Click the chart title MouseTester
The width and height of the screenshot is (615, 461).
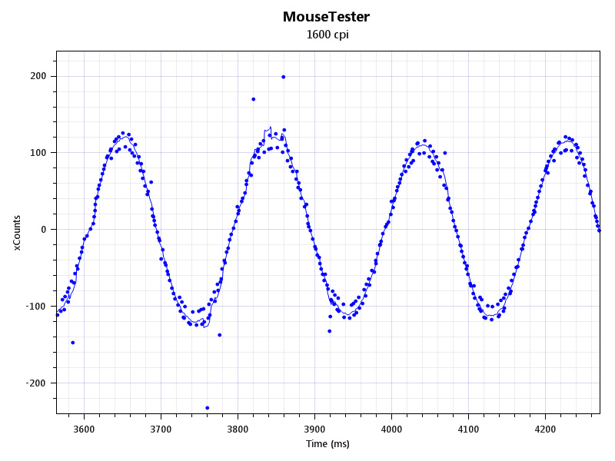point(326,16)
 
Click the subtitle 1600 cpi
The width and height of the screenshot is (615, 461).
point(327,35)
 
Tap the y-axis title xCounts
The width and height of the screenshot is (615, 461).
point(16,234)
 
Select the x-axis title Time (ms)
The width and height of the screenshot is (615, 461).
point(327,444)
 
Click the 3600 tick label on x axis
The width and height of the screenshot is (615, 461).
point(84,429)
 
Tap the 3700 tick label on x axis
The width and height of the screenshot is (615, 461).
point(161,429)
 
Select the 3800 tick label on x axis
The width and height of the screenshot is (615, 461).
point(238,429)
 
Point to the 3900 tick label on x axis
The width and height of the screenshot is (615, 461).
point(314,429)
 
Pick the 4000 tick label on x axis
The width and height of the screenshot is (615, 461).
point(391,429)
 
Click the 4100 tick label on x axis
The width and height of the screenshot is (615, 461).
point(468,429)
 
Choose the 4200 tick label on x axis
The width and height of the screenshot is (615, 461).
point(545,429)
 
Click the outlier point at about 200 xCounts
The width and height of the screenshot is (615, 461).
point(284,77)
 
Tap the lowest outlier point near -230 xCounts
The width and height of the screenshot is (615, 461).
point(208,408)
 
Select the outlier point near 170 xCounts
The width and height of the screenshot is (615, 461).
point(254,99)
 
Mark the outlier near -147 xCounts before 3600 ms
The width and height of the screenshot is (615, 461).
point(73,343)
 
